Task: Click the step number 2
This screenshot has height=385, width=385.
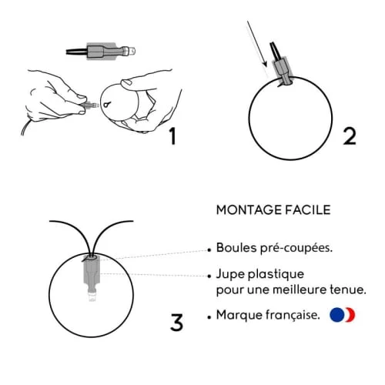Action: pos(349,136)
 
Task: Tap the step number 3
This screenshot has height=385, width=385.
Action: pos(176,321)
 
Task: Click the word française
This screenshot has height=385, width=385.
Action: pos(292,316)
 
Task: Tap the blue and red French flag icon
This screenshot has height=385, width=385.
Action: pos(341,315)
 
